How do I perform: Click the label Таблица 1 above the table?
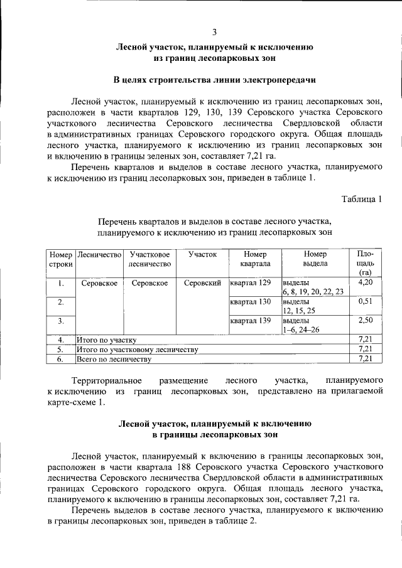[361, 200]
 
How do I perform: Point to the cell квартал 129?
[251, 282]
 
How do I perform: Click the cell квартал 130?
[251, 302]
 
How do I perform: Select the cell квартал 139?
[251, 321]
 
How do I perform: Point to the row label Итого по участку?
[106, 340]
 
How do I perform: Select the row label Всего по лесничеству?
[114, 359]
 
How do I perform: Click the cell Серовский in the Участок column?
[202, 283]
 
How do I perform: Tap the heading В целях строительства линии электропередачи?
[214, 80]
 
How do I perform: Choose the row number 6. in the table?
[61, 359]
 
